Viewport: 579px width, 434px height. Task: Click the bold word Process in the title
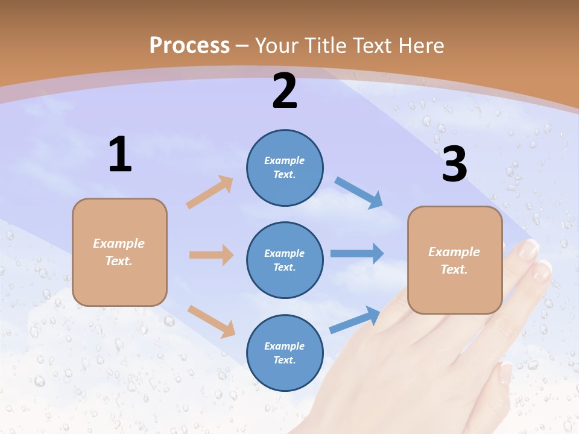click(x=189, y=46)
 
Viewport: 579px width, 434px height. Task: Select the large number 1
click(x=120, y=154)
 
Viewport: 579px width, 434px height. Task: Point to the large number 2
click(x=285, y=91)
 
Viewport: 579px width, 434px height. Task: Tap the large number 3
click(x=454, y=164)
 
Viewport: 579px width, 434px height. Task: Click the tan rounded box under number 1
click(x=119, y=252)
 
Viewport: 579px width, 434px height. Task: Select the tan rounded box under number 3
click(x=455, y=260)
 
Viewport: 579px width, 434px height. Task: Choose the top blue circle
click(x=285, y=168)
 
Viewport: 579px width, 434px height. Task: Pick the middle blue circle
click(x=285, y=260)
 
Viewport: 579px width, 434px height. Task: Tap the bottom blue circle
click(x=285, y=353)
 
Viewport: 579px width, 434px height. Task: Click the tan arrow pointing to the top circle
click(x=210, y=192)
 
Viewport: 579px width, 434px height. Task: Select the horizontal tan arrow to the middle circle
click(x=211, y=255)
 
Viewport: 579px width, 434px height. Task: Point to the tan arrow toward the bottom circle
click(x=211, y=321)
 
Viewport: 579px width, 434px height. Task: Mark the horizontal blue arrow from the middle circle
click(x=357, y=254)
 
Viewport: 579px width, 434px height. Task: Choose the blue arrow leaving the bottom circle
click(x=355, y=320)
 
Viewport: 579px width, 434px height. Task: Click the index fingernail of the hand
click(x=529, y=248)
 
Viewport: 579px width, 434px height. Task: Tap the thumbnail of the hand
click(x=505, y=373)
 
